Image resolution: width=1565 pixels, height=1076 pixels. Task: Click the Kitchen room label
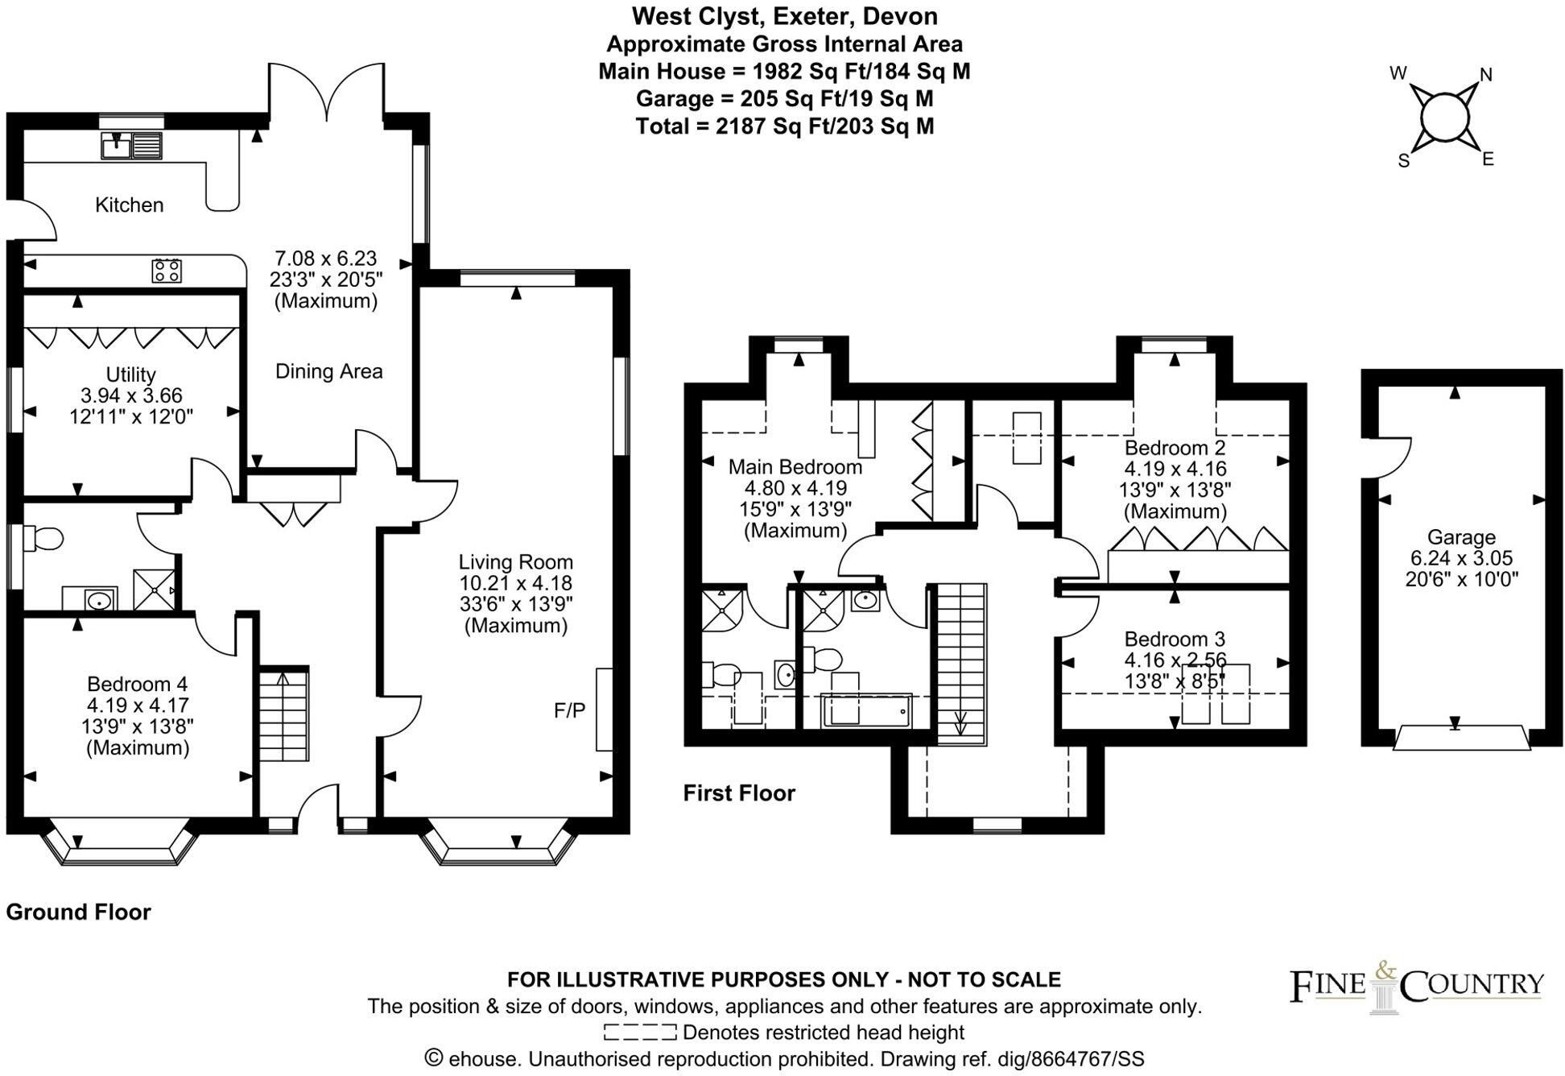click(129, 205)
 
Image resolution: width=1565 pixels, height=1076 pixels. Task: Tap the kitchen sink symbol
click(131, 146)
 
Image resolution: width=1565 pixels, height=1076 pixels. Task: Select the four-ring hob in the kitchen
click(167, 271)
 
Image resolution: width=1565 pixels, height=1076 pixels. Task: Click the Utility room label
click(130, 375)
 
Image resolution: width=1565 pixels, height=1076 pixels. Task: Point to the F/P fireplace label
click(569, 710)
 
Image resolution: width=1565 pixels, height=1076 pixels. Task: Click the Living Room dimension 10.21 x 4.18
click(515, 583)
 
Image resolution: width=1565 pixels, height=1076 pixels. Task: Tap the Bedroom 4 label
click(137, 684)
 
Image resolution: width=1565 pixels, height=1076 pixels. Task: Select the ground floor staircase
click(283, 715)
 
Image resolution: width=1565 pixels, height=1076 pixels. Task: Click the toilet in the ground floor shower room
click(44, 538)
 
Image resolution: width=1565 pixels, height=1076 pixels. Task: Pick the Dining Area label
click(328, 371)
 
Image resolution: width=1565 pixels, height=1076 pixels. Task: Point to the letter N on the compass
click(1486, 75)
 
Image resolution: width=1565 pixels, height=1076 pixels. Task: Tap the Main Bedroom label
click(795, 467)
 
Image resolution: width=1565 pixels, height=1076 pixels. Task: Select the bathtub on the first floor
click(866, 711)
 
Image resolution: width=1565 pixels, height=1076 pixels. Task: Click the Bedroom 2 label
click(1175, 448)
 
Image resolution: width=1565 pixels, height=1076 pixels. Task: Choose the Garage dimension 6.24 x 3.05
click(1461, 558)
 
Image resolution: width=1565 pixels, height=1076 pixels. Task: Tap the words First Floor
click(738, 793)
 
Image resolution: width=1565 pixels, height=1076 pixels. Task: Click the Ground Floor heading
click(78, 912)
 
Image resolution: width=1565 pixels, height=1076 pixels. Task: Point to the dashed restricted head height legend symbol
click(639, 1033)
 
